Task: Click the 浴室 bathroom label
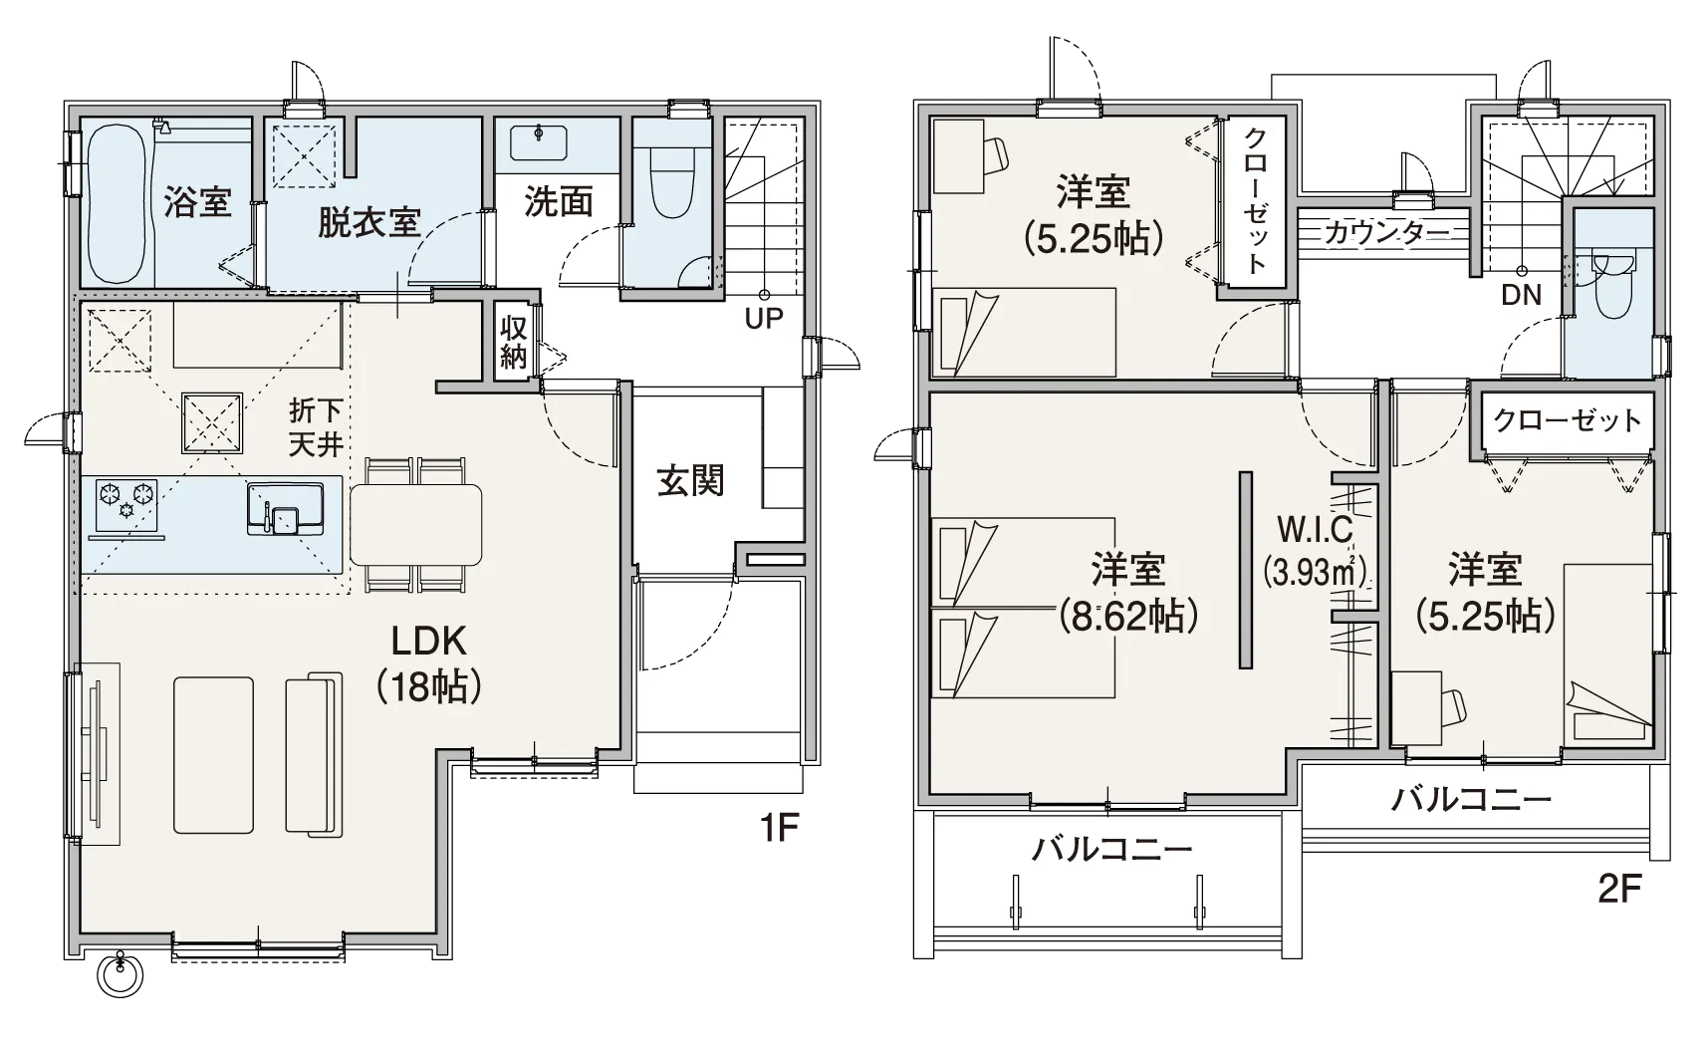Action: point(197,202)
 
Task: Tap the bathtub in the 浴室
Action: point(118,203)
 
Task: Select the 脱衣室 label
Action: point(368,223)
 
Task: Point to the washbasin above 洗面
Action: point(539,143)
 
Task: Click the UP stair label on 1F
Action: point(764,319)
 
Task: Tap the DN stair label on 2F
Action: point(1521,295)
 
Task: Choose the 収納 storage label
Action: point(513,343)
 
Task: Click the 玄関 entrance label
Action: point(690,481)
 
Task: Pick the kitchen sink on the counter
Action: point(285,508)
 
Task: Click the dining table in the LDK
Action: point(416,525)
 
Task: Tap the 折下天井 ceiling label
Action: point(316,427)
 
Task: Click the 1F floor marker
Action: point(779,827)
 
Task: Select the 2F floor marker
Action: point(1619,889)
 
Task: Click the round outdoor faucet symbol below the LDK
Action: point(121,975)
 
